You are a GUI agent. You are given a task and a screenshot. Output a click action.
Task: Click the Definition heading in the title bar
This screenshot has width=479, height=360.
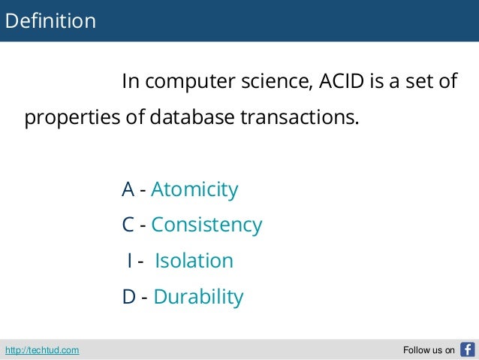[x=50, y=21]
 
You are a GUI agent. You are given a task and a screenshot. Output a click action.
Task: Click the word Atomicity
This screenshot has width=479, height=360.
[x=194, y=189]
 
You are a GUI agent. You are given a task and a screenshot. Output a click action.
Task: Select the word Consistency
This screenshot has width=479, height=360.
[x=206, y=225]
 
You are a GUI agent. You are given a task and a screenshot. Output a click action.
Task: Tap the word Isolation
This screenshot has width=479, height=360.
[x=194, y=261]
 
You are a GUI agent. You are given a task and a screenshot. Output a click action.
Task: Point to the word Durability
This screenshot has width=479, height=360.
[x=198, y=297]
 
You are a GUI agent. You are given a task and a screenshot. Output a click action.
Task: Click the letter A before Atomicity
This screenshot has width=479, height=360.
[x=128, y=189]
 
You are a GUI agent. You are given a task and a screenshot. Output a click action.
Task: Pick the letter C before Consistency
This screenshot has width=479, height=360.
[x=128, y=225]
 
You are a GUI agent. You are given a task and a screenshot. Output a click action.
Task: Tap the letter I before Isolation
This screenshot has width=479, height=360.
[x=130, y=261]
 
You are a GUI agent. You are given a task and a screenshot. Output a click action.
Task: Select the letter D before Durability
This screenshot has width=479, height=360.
[x=129, y=297]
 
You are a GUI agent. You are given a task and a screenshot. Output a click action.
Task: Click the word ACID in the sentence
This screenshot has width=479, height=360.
[x=341, y=81]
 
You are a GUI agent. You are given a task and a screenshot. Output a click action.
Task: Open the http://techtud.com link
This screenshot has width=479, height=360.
[x=42, y=349]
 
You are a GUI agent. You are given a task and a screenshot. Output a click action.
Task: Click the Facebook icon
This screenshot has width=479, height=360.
[x=467, y=349]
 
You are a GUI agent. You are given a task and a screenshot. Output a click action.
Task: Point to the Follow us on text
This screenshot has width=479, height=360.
[x=429, y=349]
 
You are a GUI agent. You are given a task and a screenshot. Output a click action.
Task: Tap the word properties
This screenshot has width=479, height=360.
[x=68, y=119]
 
